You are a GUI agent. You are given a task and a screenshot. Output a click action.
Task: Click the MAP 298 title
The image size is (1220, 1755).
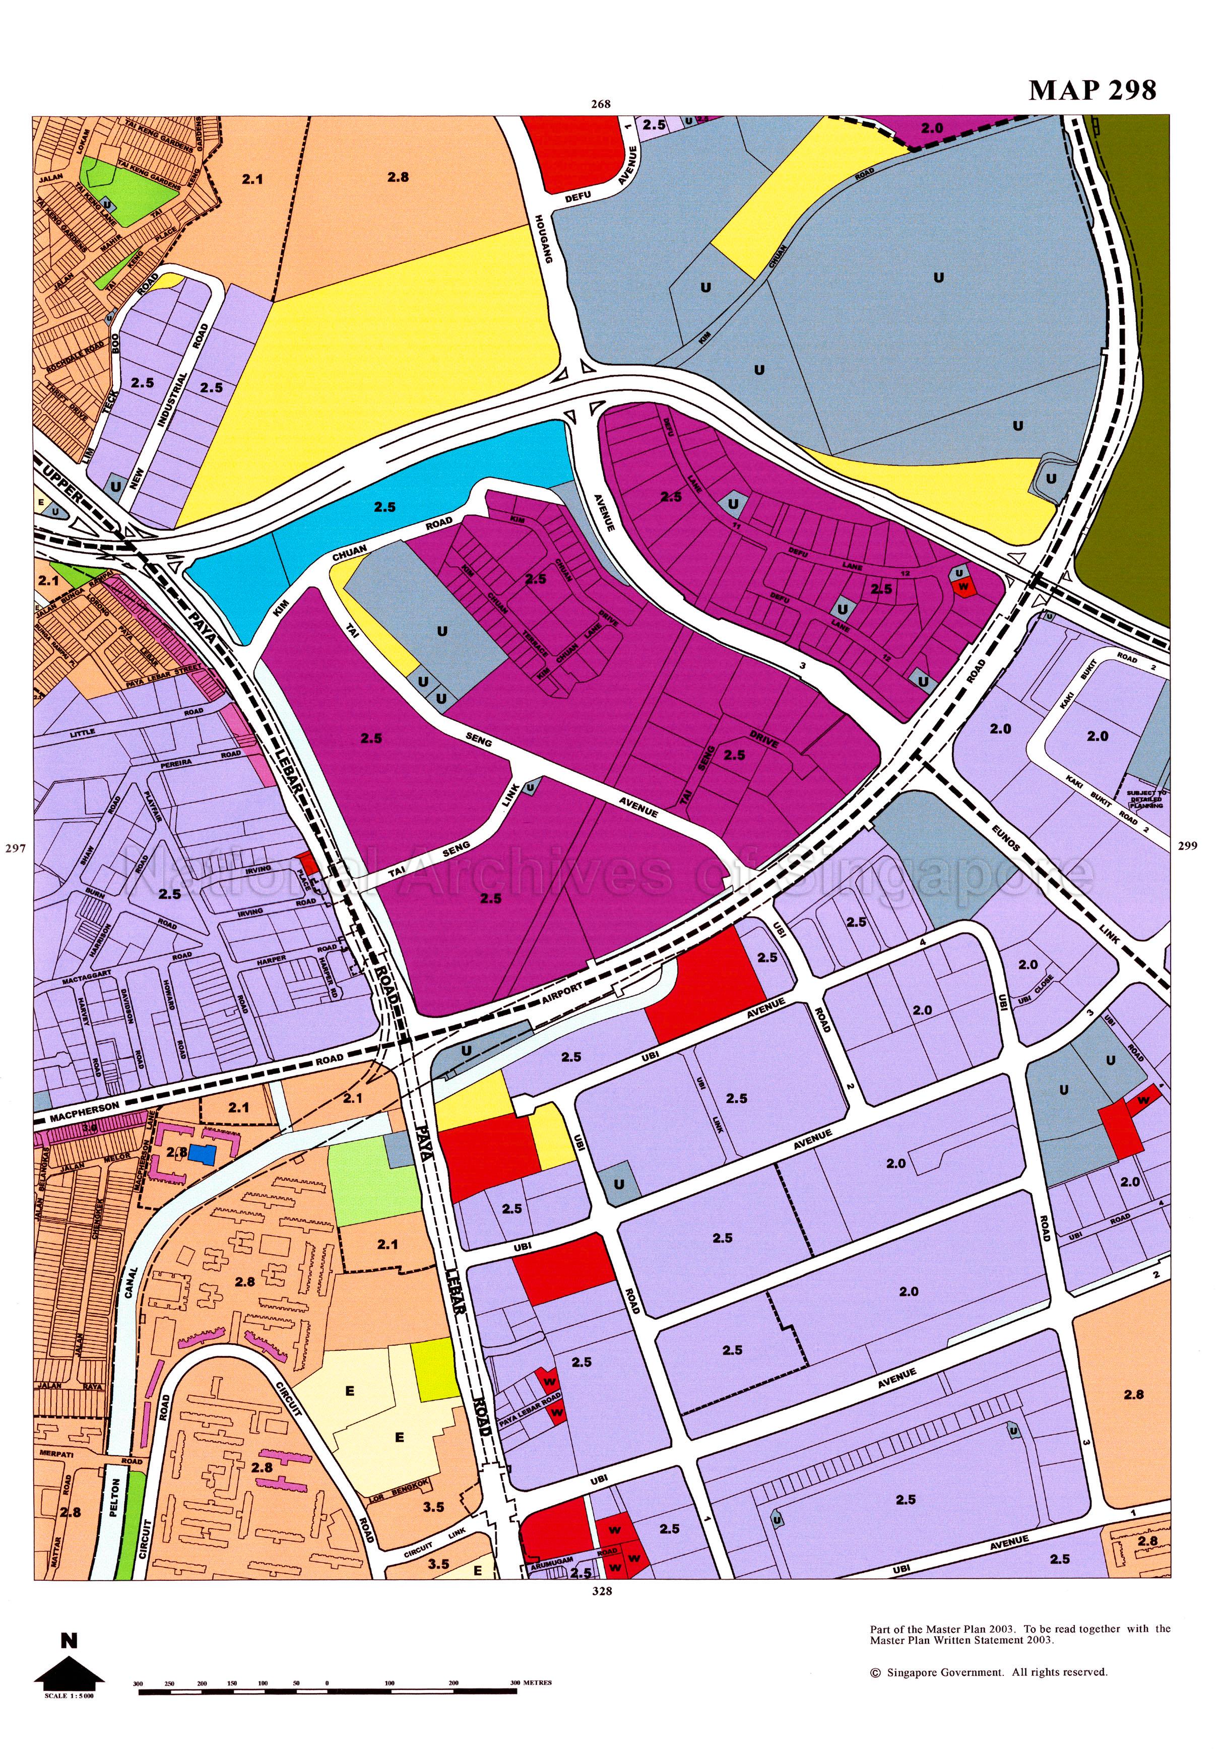coord(1093,90)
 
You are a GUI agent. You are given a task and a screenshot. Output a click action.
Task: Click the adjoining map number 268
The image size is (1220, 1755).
coord(601,105)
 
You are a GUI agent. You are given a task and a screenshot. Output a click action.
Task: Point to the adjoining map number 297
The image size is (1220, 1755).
coord(15,847)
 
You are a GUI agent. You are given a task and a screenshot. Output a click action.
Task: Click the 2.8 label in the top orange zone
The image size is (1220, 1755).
coord(398,177)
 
